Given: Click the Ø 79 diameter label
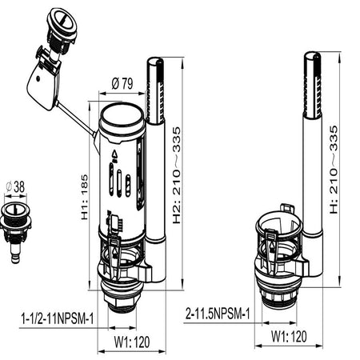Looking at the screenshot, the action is [x=122, y=84].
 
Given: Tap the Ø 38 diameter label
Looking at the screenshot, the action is [x=16, y=186].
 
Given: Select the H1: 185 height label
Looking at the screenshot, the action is [x=84, y=197].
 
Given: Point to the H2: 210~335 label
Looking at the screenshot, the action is [x=177, y=175].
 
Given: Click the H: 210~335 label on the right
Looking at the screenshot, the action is [x=334, y=170].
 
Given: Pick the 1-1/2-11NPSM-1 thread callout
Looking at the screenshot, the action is [x=58, y=318].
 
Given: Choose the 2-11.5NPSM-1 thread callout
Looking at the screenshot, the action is [x=218, y=314].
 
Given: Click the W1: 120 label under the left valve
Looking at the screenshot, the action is [x=132, y=342].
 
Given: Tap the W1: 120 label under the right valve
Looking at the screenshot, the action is [x=289, y=336].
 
